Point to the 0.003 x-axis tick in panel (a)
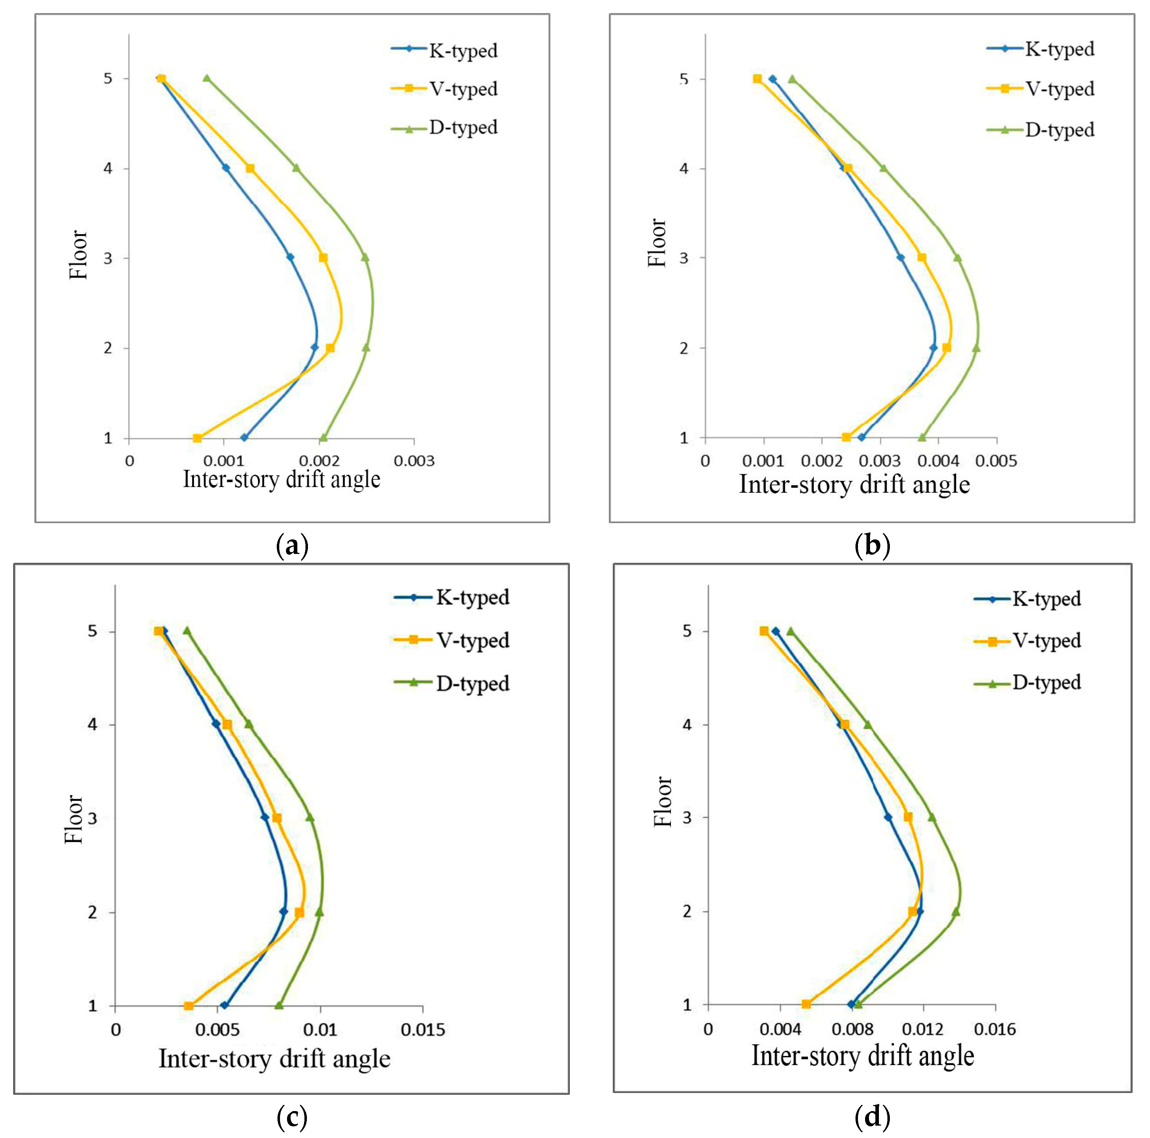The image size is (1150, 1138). pos(414,461)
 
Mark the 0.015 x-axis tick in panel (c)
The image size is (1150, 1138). pos(423,1030)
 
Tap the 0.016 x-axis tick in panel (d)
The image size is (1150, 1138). pos(995,1028)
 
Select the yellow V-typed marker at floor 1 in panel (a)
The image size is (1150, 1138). pos(197,438)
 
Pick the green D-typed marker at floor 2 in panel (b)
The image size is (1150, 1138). pos(976,348)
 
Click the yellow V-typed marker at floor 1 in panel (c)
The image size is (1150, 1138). pos(189,1006)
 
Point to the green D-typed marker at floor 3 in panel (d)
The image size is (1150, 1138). pos(932,817)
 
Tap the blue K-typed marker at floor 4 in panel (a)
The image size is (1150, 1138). pos(226,168)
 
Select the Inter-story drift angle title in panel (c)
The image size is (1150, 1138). pos(274,1059)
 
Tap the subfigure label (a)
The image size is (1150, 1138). pos(292,545)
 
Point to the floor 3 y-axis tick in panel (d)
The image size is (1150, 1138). pos(688,818)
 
